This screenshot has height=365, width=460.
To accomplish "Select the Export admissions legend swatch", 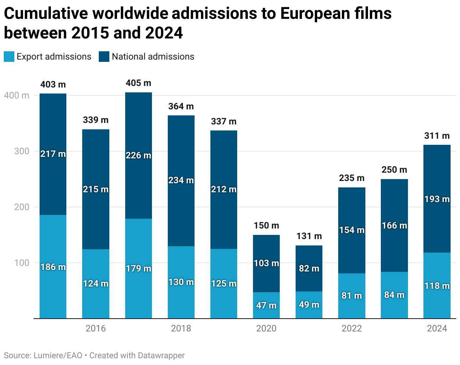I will click(9, 57).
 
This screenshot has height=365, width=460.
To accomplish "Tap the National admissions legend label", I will click(153, 57).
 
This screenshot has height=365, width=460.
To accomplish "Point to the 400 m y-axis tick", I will click(17, 96).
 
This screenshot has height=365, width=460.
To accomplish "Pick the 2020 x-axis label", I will click(266, 328).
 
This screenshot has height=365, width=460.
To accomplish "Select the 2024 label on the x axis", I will click(437, 328).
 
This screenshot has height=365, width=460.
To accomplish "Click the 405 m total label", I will click(138, 83).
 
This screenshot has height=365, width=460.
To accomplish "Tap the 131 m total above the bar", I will click(309, 236).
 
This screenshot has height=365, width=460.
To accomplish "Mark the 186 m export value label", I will click(53, 267).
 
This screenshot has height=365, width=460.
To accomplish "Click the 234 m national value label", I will click(181, 180).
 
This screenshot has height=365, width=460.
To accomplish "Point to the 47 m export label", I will click(266, 305).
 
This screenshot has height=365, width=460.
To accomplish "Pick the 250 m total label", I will click(394, 170).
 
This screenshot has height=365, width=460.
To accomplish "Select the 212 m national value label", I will click(224, 189).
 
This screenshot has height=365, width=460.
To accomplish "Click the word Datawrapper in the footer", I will click(161, 355).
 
